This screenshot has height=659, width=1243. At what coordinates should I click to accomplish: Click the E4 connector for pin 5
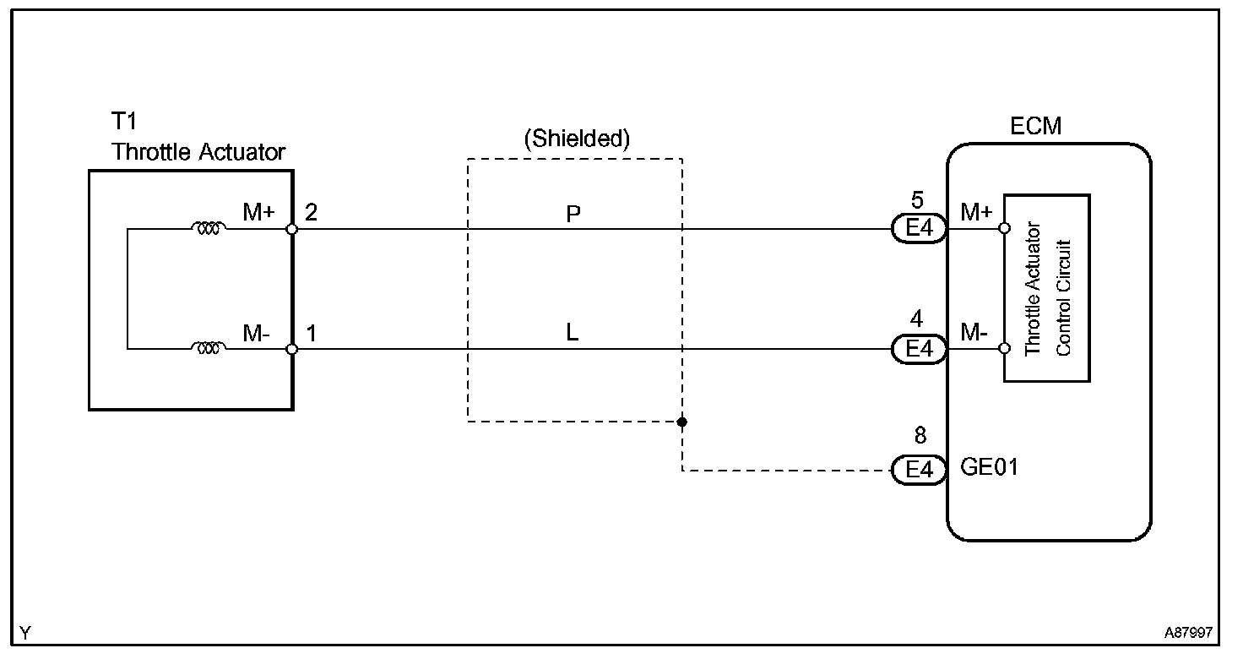coord(919,229)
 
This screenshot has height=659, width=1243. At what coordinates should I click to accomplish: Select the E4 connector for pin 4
coord(919,349)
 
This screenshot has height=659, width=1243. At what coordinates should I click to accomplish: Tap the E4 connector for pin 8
coord(919,470)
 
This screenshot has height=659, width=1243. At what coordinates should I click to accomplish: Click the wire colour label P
coord(573,215)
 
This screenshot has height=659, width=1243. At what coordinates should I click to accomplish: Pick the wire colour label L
coord(573,334)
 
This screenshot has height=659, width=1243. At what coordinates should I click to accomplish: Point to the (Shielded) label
coord(577,139)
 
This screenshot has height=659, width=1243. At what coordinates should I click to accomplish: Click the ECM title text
coord(1035,127)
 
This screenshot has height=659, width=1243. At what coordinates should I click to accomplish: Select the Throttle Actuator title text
coord(199,152)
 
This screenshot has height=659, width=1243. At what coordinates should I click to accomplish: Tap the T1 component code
coord(124,122)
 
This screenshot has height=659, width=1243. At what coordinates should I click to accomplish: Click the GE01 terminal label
coord(990,467)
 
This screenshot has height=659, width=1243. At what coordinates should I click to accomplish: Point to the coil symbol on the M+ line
coord(209,228)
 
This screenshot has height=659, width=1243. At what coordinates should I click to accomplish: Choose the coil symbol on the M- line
coord(209,348)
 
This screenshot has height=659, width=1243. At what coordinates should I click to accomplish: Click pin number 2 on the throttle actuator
coord(311,212)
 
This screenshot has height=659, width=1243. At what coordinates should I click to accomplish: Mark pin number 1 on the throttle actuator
coord(311,333)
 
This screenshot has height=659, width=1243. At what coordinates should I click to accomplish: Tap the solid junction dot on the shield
coord(681,421)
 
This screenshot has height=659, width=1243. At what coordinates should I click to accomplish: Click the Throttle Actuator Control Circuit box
coord(1046,288)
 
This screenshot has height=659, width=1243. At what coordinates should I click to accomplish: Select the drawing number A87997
coord(1191,633)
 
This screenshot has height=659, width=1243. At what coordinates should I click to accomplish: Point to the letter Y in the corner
coord(25,633)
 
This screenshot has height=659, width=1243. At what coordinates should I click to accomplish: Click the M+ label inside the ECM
coord(976,213)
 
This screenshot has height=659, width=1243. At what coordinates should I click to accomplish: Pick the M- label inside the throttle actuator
coord(257,334)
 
